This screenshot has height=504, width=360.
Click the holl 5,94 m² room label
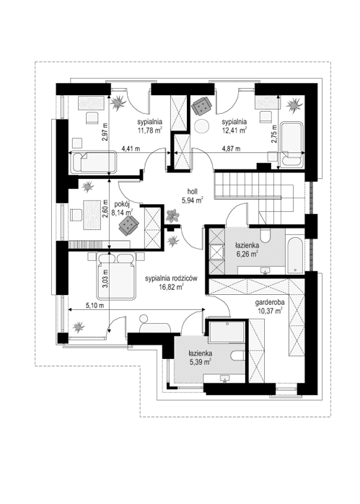point(193,196)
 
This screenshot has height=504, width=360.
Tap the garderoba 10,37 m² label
point(270,306)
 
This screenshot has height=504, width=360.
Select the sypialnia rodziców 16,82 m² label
point(171,283)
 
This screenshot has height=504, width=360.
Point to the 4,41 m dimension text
point(131,149)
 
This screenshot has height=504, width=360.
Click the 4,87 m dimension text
point(231,149)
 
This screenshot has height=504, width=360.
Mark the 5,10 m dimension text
point(95,306)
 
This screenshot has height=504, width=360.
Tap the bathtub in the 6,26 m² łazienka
point(295,255)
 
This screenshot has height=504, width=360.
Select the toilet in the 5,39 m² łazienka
point(238,355)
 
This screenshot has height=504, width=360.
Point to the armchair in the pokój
point(128,224)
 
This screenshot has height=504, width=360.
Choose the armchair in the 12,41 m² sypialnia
point(201,105)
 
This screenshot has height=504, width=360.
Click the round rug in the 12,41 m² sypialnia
point(202,126)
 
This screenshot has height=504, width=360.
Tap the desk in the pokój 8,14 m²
point(92,215)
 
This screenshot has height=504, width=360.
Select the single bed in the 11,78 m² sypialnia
point(94,162)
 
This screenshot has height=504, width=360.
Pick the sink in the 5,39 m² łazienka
point(224,379)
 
